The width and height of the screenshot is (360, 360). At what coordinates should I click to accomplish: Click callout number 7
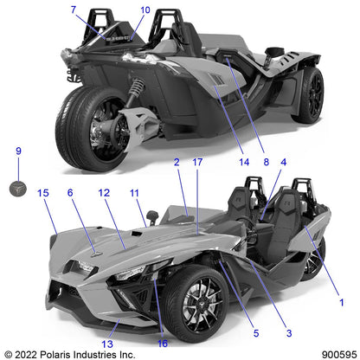[74, 10]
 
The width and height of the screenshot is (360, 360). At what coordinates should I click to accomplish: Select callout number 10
[145, 10]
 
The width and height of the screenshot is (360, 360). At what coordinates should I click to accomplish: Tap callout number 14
[244, 162]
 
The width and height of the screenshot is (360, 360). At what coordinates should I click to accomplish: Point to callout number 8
[267, 162]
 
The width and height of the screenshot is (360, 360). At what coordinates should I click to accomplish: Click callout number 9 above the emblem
[18, 151]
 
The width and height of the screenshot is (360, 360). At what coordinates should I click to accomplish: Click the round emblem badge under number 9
[18, 189]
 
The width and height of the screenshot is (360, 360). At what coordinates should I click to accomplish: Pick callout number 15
[43, 193]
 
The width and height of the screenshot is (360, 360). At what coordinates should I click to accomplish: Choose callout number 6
[70, 193]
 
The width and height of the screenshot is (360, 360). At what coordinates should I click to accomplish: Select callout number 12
[104, 193]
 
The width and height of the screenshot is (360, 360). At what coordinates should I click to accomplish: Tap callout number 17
[197, 162]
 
